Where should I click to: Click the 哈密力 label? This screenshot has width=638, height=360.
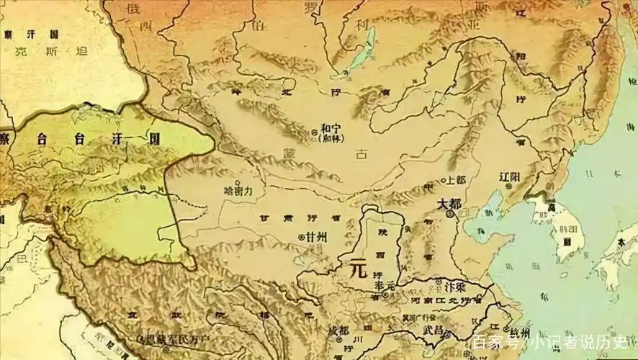pos(239,192)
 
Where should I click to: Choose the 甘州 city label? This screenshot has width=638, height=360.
pos(316,237)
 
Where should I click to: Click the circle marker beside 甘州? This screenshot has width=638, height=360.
pos(301,237)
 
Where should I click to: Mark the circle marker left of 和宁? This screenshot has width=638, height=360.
pos(314,132)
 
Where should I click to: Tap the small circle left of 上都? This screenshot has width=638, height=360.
pos(441,180)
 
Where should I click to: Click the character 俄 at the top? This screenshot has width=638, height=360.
pos(133,9)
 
